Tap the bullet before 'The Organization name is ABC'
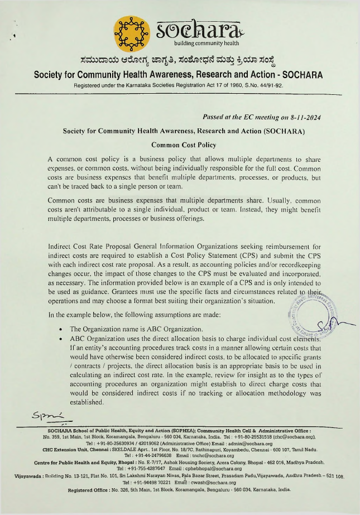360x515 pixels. point(60,329)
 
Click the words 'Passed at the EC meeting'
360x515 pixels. point(236,117)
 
